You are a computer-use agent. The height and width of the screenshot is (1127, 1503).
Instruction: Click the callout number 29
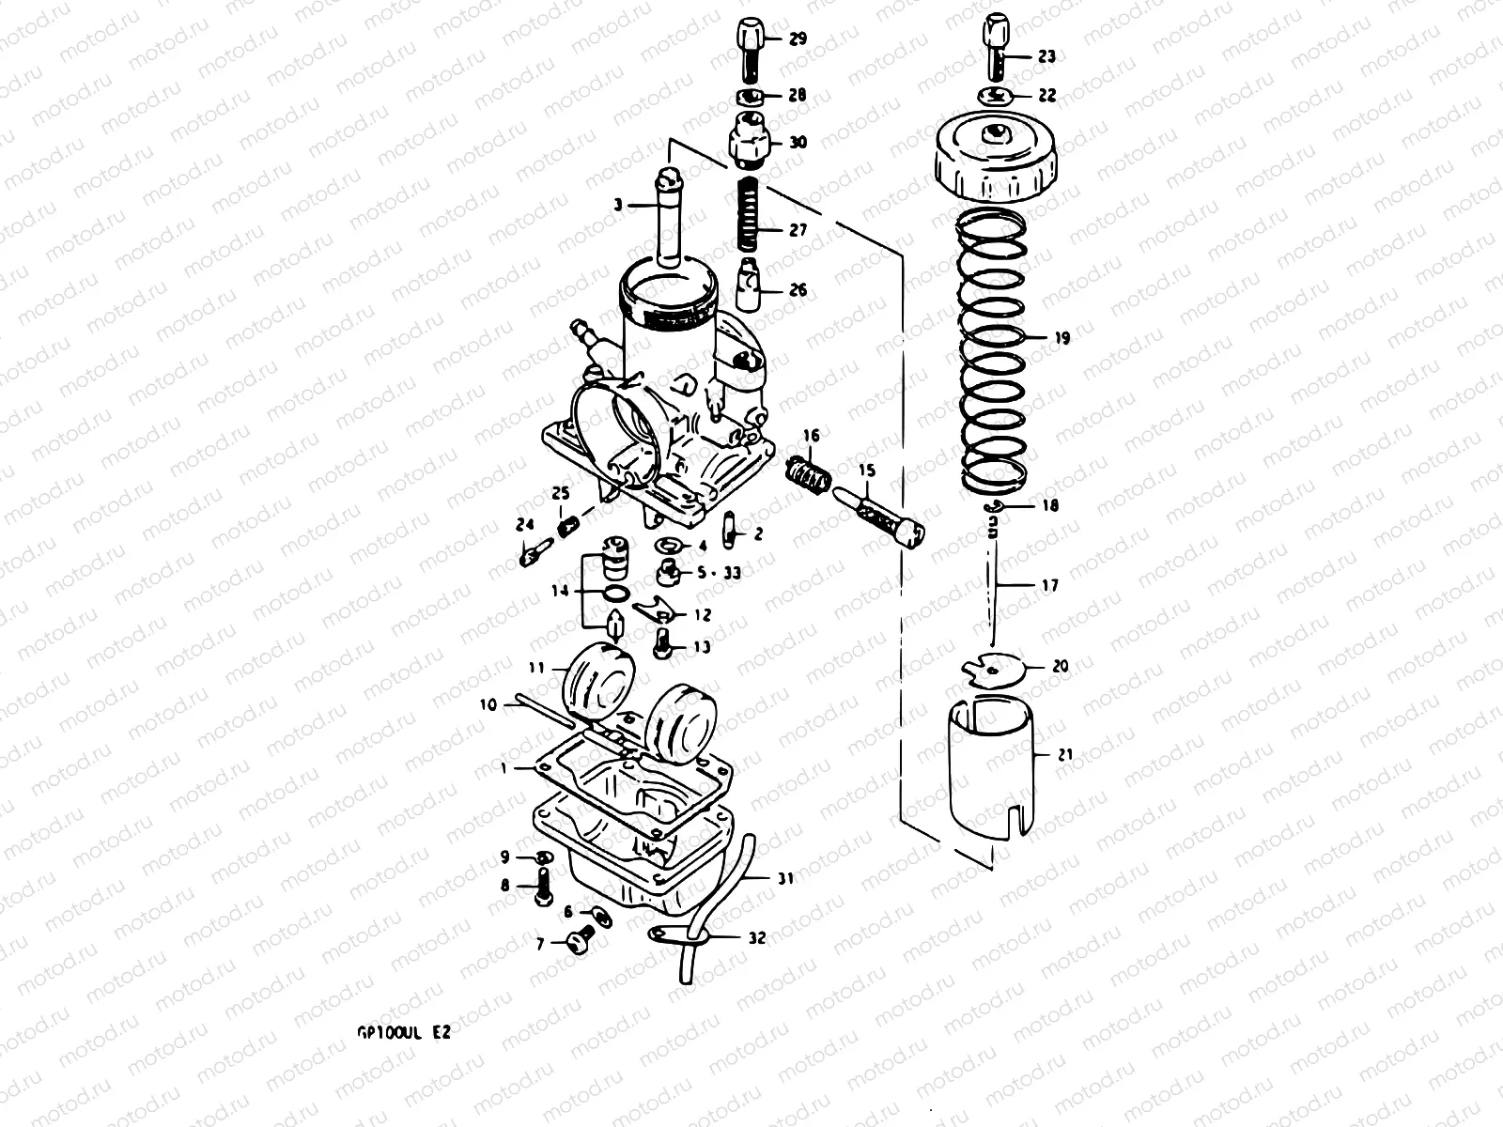pos(797,39)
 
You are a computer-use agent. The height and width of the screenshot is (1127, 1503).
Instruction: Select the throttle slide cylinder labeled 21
pos(991,770)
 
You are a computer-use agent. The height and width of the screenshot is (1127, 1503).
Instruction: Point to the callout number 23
pos(1046,56)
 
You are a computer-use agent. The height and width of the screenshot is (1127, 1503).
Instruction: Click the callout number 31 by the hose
pos(785,879)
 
